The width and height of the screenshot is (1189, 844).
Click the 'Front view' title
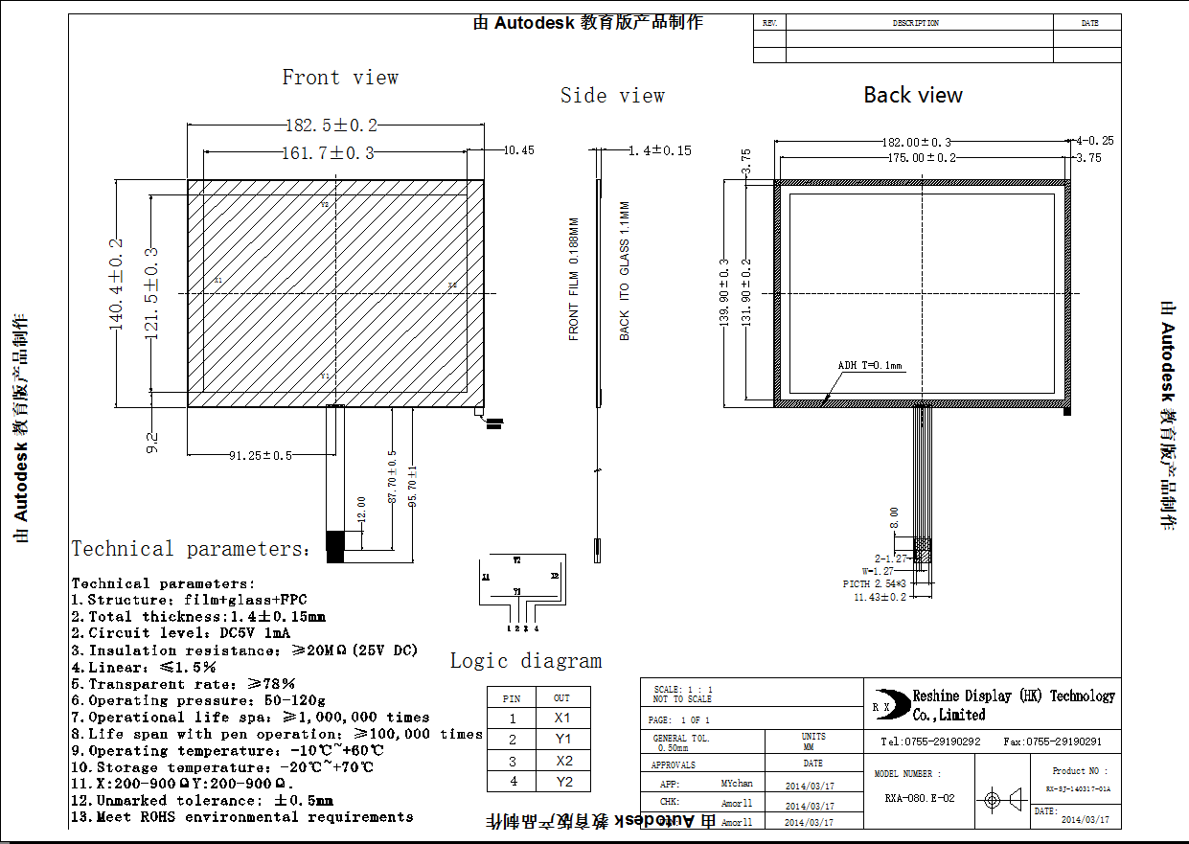(x=340, y=78)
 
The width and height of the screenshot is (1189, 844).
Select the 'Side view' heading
(x=612, y=96)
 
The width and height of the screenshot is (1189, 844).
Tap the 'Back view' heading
(x=913, y=95)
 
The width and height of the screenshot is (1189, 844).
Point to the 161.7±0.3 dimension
(x=328, y=152)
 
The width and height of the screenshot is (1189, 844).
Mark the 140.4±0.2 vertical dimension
(x=117, y=285)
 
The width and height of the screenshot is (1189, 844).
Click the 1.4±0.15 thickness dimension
(x=659, y=150)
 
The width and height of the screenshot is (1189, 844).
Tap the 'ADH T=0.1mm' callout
(x=870, y=365)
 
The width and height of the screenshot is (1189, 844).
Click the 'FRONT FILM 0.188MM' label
(x=574, y=279)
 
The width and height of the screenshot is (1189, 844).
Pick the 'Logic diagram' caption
(x=526, y=661)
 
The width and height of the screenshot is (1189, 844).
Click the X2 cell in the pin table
(x=562, y=761)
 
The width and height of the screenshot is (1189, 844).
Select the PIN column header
(x=512, y=698)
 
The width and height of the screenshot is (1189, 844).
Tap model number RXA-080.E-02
(x=919, y=797)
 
